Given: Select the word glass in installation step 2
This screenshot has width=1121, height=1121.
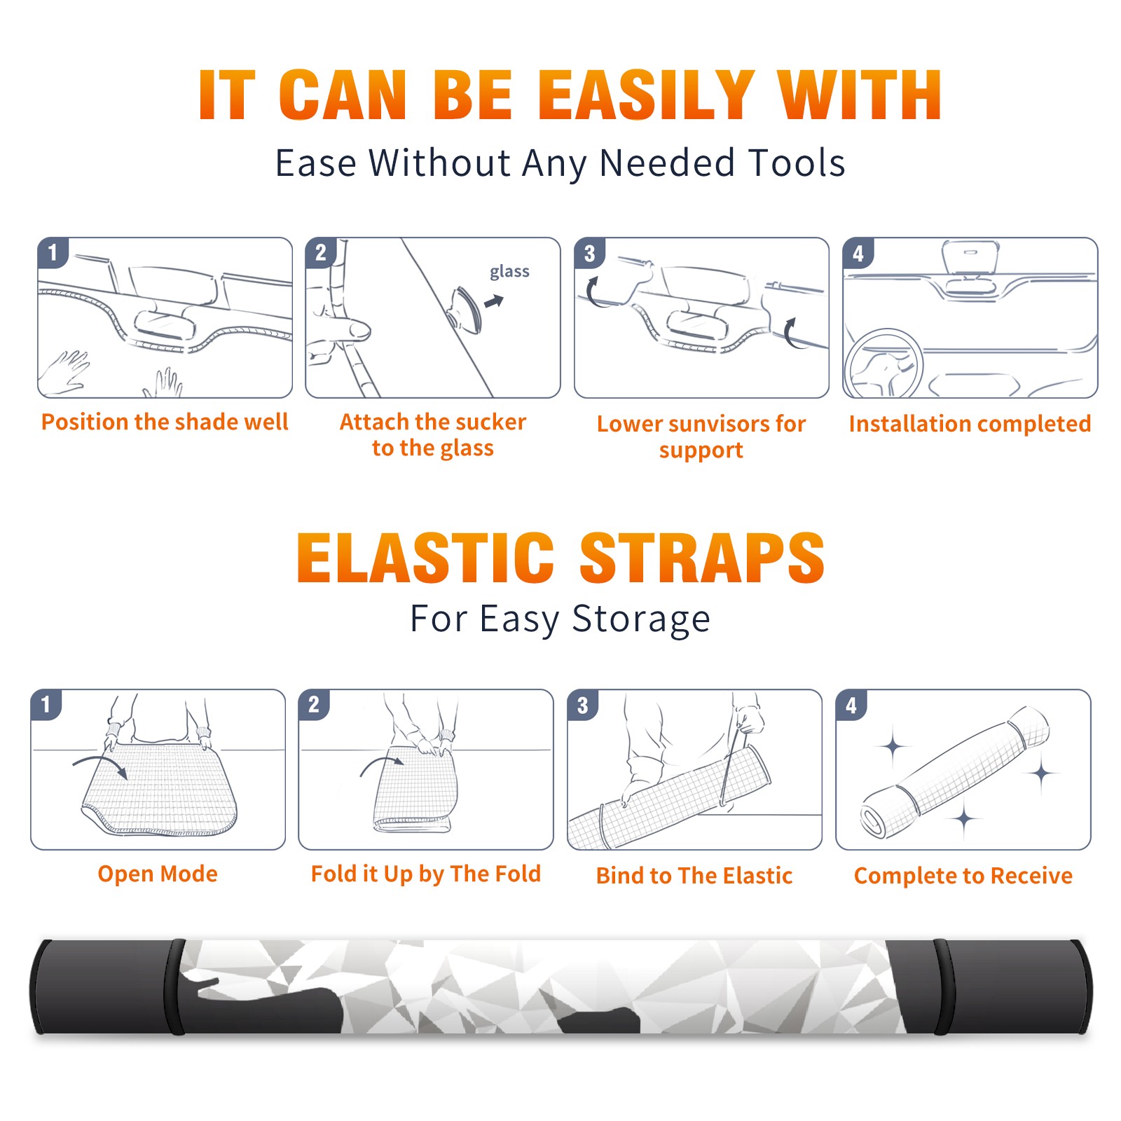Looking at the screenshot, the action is [509, 272].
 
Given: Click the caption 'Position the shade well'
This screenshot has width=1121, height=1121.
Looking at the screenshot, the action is [165, 422].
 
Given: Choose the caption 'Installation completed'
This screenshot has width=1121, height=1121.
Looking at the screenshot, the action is [970, 424].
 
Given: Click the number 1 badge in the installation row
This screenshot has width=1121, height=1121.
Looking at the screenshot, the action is [53, 252].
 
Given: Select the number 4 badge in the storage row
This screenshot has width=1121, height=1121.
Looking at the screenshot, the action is [851, 705].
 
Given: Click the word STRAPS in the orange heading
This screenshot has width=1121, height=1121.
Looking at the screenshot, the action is [702, 558].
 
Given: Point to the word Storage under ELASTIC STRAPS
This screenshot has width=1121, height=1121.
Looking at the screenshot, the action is [641, 619].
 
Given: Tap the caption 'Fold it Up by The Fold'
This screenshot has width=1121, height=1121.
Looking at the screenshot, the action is [426, 874].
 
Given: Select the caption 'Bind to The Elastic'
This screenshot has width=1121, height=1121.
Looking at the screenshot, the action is [694, 876].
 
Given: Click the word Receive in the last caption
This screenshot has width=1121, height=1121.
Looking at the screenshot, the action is [1031, 876].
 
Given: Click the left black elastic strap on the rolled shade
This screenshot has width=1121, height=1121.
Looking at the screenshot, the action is [174, 986].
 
